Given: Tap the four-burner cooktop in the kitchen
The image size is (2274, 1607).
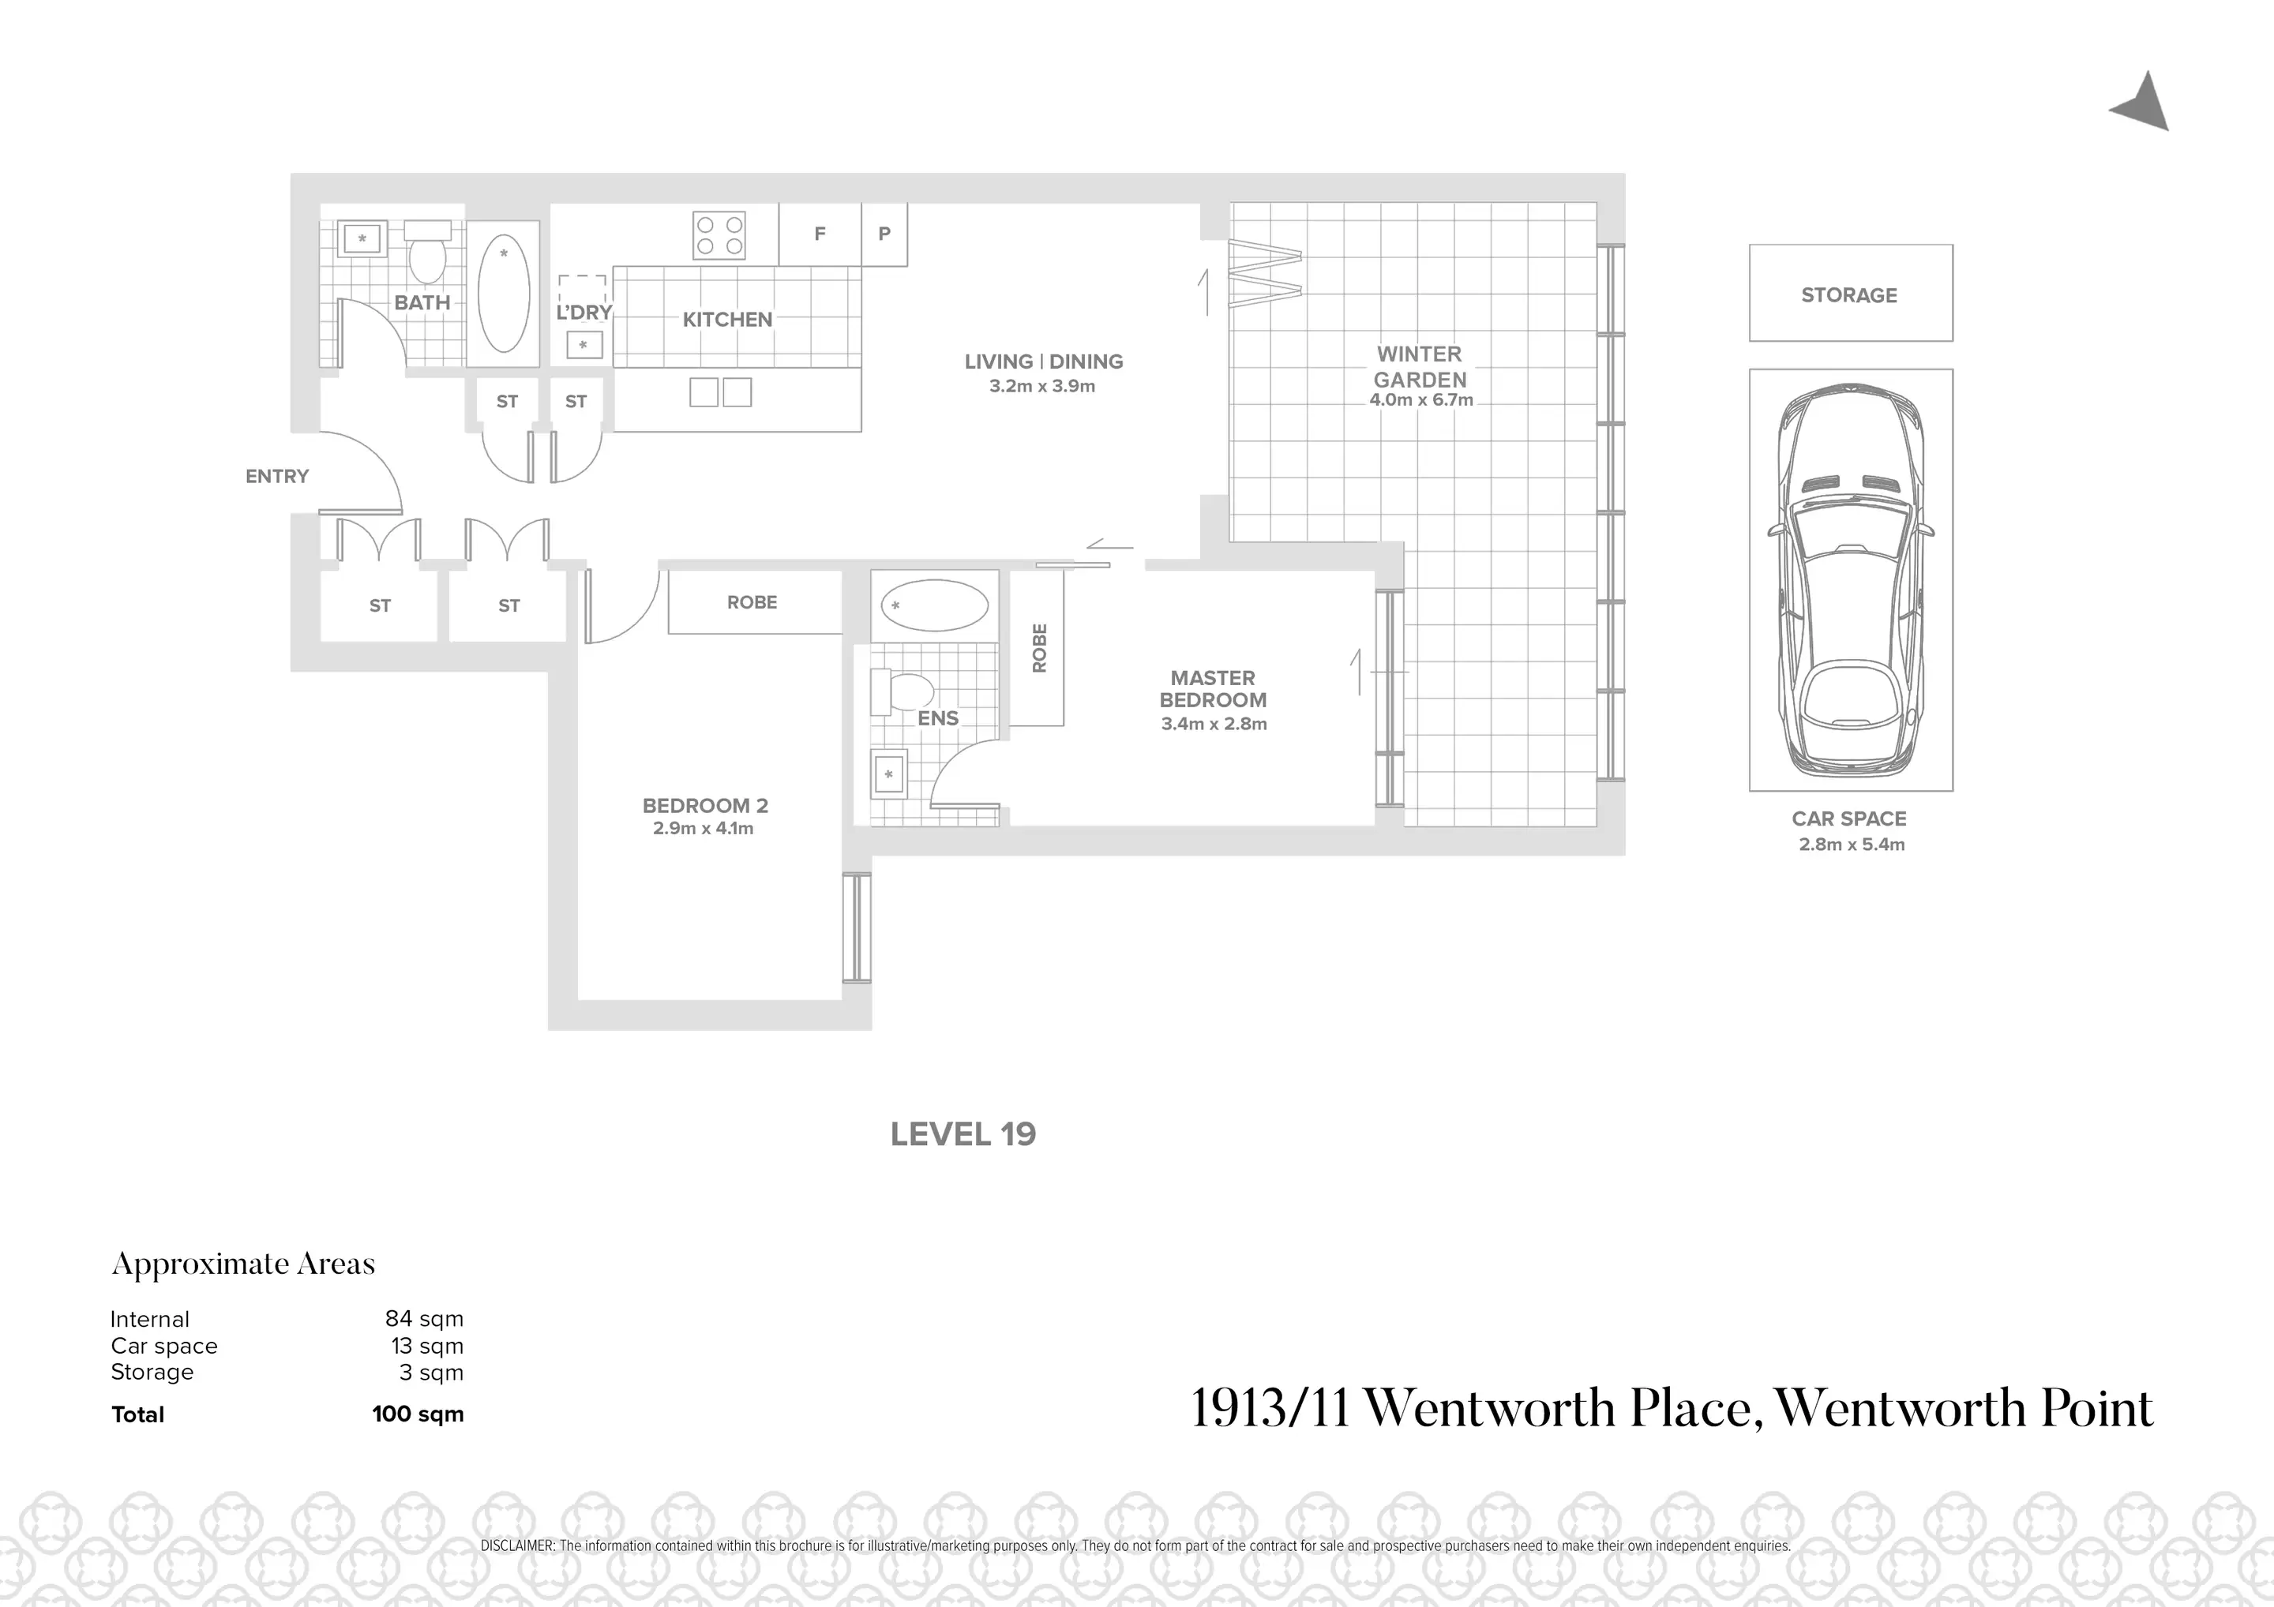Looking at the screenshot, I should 719,234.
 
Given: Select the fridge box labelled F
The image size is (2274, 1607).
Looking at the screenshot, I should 819,234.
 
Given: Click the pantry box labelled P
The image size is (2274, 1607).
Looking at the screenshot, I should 884,234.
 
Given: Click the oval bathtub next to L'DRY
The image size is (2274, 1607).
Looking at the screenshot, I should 503,293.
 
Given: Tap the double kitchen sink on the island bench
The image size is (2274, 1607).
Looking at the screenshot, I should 720,392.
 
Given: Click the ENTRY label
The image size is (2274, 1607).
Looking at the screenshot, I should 277,476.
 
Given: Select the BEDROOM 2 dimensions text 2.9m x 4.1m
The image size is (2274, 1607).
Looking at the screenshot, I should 704,829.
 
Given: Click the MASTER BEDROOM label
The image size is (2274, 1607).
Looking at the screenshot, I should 1214,689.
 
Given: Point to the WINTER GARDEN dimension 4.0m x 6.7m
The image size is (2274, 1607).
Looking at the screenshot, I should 1421,401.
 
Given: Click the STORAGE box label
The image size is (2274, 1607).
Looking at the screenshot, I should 1849,295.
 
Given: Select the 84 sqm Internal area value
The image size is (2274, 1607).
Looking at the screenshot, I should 424,1319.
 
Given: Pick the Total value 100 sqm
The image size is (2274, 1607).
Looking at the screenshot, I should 418,1414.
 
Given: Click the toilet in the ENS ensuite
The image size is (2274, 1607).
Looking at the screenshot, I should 903,691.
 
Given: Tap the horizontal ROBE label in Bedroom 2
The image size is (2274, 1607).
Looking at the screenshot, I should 752,602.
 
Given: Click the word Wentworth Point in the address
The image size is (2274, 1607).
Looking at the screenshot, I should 1963,1408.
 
